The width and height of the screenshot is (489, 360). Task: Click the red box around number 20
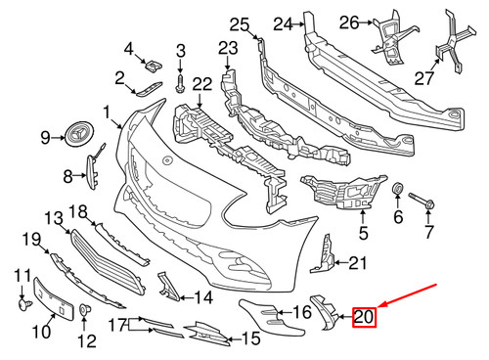364,317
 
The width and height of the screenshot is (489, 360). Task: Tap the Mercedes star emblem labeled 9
78,135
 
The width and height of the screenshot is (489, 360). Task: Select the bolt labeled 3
180,83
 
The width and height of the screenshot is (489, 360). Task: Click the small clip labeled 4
154,67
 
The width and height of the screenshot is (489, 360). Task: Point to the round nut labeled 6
398,189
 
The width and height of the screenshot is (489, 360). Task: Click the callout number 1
107,112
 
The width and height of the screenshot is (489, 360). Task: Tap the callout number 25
240,24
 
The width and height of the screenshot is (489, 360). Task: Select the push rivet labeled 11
24,305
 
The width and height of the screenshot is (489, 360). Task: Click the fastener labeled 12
85,309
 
